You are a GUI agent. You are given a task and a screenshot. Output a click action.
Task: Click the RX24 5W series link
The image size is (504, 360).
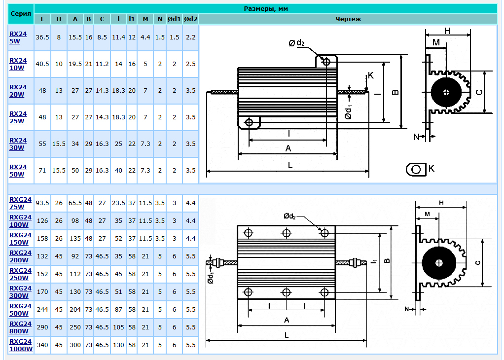click(18, 37)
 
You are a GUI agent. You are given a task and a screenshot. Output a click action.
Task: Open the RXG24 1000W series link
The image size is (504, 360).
click(21, 345)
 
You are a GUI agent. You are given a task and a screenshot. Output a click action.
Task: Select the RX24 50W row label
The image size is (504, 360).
click(18, 170)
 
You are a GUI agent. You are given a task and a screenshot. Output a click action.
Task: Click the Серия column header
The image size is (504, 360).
click(21, 13)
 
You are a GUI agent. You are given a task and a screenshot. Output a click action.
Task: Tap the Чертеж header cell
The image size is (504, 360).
click(348, 19)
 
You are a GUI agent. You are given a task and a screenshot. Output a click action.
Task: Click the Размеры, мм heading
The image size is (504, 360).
click(266, 8)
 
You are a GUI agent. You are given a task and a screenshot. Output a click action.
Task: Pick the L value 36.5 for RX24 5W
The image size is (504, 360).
click(42, 37)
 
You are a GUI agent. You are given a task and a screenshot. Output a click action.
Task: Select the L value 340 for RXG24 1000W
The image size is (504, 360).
click(42, 345)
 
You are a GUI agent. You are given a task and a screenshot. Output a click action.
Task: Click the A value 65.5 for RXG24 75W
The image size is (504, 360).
click(75, 203)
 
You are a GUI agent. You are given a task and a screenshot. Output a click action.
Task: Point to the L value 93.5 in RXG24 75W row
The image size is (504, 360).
click(42, 203)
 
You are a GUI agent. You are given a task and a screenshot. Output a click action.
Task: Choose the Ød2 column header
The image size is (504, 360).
click(190, 19)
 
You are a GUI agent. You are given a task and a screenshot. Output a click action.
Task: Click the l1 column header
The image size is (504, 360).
click(132, 19)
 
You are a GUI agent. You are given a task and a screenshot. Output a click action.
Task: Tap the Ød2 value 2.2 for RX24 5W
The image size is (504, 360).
click(190, 37)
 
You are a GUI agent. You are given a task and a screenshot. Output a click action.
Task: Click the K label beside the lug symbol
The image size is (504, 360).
click(432, 169)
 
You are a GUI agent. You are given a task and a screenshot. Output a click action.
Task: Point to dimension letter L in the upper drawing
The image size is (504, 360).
click(290, 166)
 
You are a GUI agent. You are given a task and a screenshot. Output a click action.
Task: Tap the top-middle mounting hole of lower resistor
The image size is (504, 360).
click(287, 232)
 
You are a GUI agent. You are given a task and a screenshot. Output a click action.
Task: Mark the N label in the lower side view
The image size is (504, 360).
click(407, 309)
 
